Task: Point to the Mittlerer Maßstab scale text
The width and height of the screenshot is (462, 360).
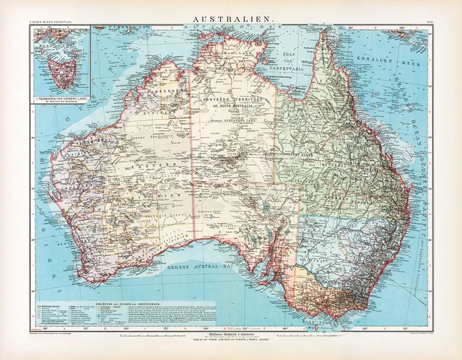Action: pos(230,337)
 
